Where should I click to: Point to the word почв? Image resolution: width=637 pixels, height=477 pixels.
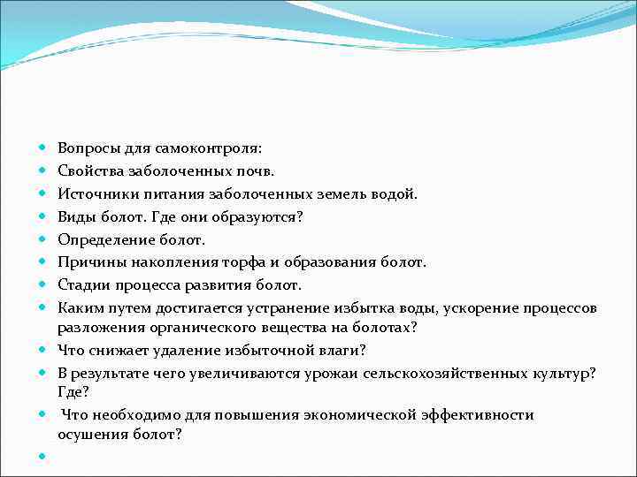tap(256, 170)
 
